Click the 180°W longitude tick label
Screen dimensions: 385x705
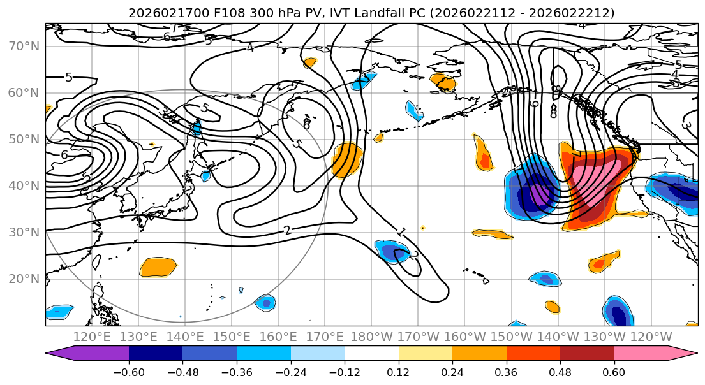[x=371, y=337]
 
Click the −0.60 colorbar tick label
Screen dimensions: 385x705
[x=129, y=372]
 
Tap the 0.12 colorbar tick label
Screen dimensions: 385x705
[x=399, y=372]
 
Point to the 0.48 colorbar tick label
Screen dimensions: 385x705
[x=560, y=372]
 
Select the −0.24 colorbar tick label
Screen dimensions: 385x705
[x=290, y=372]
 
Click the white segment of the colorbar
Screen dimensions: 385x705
[x=371, y=355]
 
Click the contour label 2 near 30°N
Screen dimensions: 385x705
[x=288, y=230]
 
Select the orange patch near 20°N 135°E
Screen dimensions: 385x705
[x=158, y=266]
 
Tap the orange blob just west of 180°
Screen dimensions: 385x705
[x=348, y=159]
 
